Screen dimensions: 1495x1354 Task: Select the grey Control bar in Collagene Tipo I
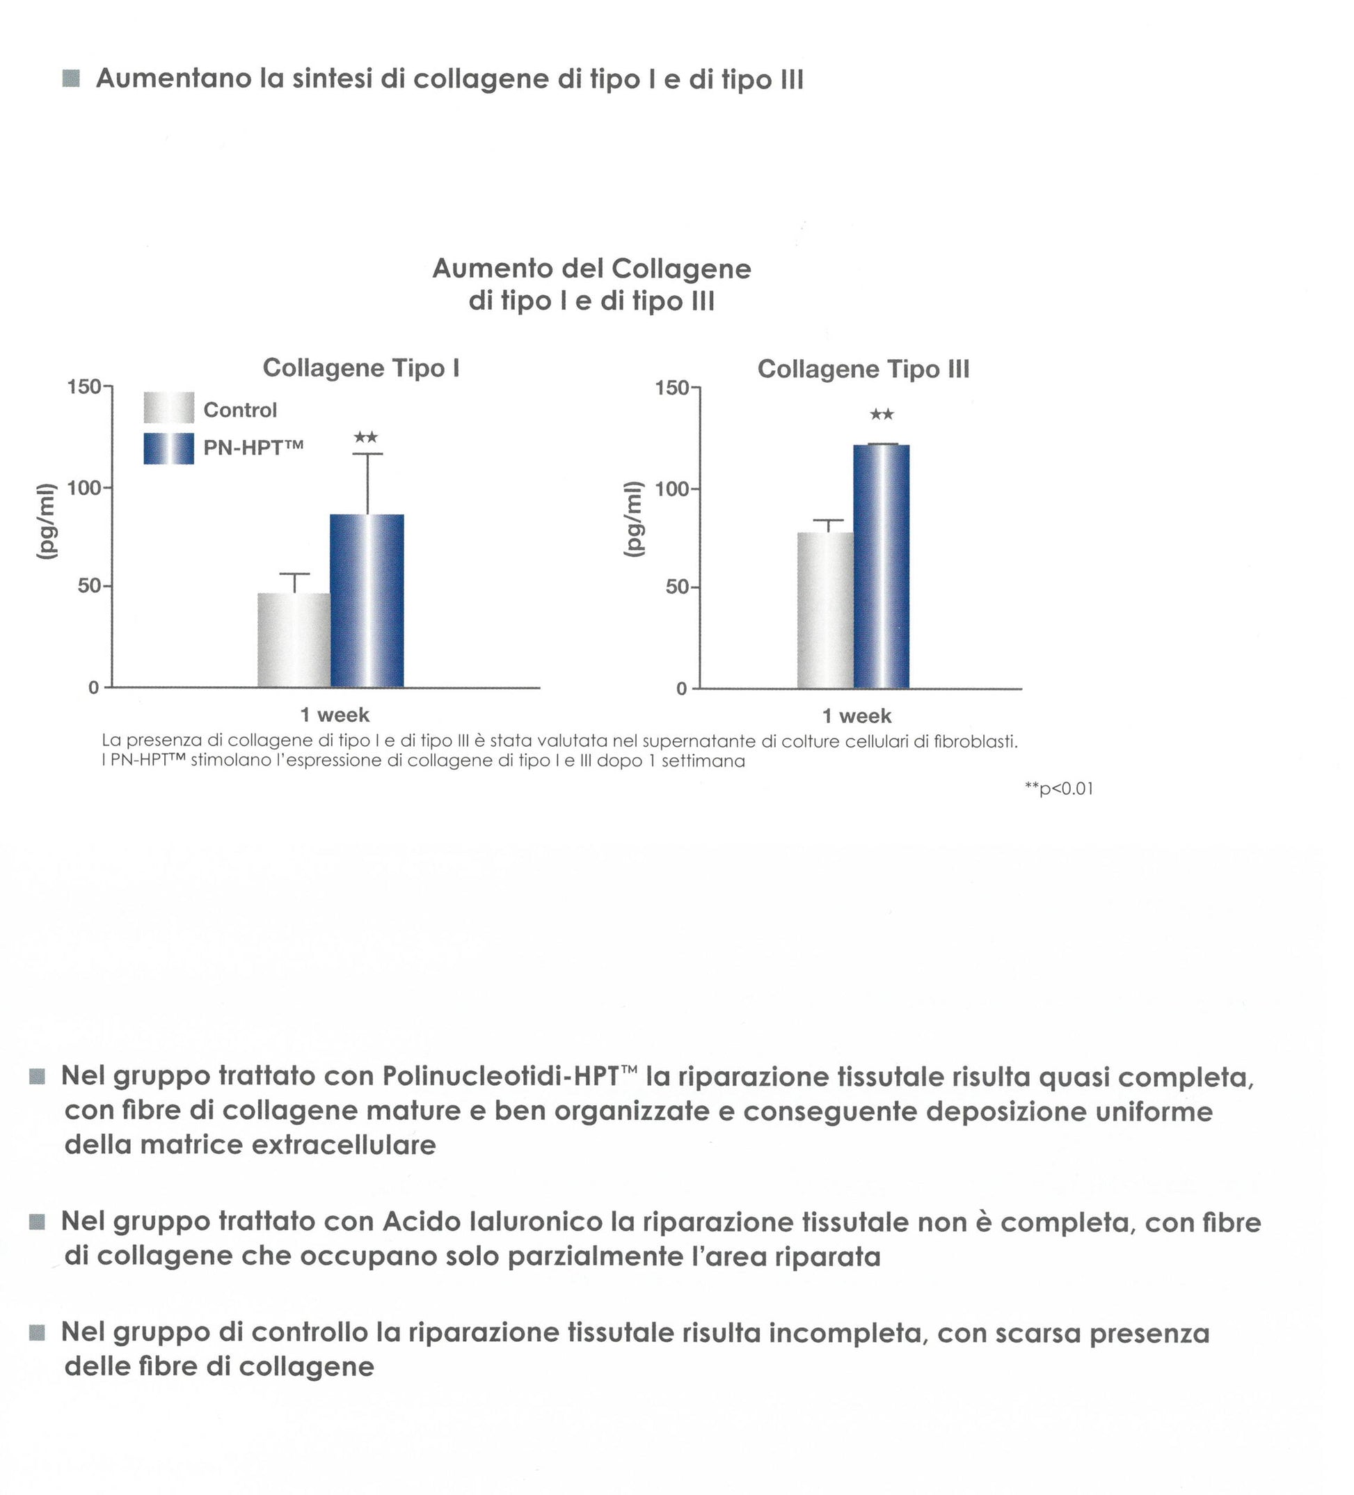tap(294, 639)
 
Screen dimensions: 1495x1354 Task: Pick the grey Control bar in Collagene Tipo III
tap(825, 610)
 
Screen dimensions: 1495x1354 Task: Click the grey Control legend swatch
tap(169, 408)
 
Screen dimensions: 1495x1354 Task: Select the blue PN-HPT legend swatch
tap(169, 449)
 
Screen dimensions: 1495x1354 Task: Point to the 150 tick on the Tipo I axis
tap(83, 386)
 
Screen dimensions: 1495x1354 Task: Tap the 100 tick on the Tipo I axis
tap(83, 487)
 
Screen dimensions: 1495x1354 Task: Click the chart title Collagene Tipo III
tap(862, 370)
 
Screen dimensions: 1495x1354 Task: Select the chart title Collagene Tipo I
tap(361, 367)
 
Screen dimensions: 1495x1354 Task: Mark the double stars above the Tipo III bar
tap(881, 415)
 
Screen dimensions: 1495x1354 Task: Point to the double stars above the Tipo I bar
tap(365, 438)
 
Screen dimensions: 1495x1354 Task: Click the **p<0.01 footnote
tap(1058, 789)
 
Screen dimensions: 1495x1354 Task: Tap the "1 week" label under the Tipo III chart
tap(857, 716)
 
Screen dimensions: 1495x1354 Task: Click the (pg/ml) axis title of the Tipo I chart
tap(47, 521)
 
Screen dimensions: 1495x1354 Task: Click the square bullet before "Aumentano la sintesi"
tap(71, 79)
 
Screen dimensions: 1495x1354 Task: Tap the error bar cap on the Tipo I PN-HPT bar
tap(368, 454)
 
